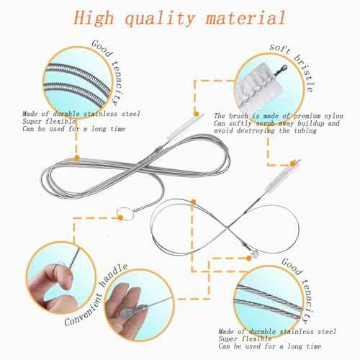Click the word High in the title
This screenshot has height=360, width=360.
(107, 17)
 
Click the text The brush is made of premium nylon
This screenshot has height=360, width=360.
(266, 115)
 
